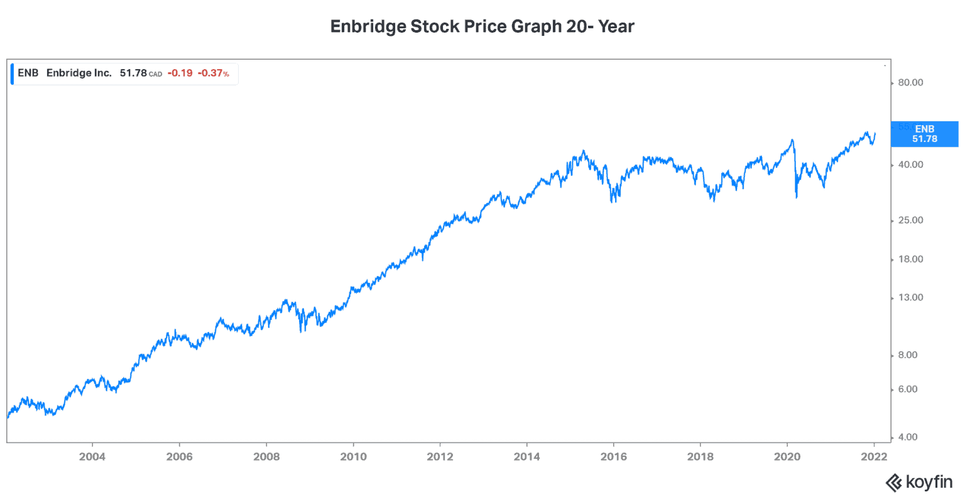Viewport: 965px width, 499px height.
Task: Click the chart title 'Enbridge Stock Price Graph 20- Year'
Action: [482, 26]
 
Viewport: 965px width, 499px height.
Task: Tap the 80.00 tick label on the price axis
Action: [910, 82]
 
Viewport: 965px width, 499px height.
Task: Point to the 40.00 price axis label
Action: [910, 165]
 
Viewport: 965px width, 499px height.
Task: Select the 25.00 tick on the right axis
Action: [910, 220]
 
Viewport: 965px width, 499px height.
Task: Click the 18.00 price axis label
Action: [910, 259]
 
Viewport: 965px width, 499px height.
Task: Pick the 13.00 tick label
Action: [910, 297]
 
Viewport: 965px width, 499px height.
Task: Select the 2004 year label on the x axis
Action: [92, 457]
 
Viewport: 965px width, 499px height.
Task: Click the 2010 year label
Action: [353, 457]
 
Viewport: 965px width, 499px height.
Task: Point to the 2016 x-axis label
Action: [613, 457]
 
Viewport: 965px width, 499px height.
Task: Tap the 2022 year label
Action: [874, 457]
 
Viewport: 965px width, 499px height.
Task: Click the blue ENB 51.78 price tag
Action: [924, 134]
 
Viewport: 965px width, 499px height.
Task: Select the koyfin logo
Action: [919, 483]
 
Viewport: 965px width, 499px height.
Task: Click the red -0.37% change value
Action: [214, 74]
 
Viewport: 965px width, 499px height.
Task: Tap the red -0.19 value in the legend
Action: [180, 74]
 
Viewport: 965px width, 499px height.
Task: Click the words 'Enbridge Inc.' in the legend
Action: [79, 74]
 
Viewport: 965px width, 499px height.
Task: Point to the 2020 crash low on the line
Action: [797, 197]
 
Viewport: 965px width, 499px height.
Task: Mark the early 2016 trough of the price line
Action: [612, 201]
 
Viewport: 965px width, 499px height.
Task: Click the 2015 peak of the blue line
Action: [583, 151]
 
